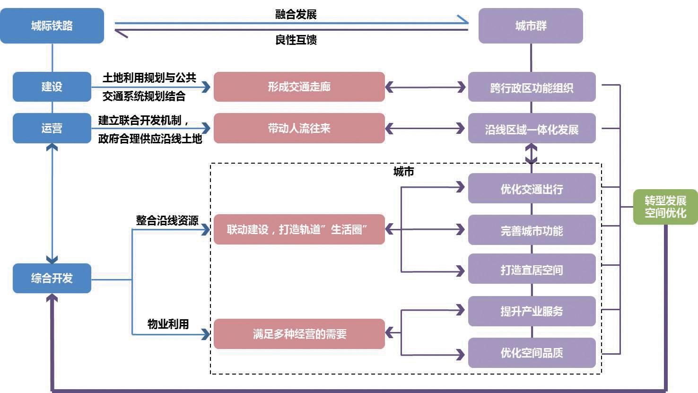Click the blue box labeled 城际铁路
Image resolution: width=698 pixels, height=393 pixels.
(x=52, y=26)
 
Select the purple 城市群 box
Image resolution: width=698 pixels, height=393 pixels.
(x=531, y=26)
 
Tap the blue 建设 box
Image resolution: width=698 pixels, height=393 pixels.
(x=52, y=87)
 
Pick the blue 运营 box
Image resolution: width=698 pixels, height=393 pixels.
(x=52, y=128)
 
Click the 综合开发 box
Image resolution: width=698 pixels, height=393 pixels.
(x=52, y=278)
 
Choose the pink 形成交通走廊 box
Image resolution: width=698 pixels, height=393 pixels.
(x=299, y=87)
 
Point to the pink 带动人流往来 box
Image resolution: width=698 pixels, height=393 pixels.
(x=299, y=128)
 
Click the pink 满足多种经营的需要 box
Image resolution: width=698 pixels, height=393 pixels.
(x=299, y=334)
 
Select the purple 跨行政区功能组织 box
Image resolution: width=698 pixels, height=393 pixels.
(x=532, y=87)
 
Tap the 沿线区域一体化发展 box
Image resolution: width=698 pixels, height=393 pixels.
(x=532, y=129)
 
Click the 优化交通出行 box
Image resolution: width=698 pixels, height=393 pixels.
(x=532, y=189)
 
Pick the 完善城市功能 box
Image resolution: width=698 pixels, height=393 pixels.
(x=532, y=230)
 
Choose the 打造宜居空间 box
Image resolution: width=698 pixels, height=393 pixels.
(x=532, y=269)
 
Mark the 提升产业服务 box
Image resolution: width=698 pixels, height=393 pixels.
(x=532, y=311)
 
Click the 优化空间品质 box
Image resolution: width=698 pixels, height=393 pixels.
(x=532, y=353)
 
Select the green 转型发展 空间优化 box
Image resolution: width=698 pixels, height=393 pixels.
(x=665, y=207)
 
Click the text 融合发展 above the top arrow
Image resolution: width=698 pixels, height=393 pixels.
(x=296, y=14)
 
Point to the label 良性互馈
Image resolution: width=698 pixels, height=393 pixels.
(x=296, y=40)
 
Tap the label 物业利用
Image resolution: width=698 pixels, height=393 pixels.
(x=168, y=324)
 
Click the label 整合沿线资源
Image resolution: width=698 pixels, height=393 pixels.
(x=167, y=220)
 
